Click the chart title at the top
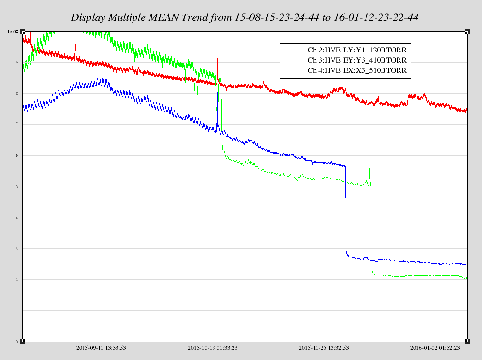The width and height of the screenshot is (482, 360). coord(245,17)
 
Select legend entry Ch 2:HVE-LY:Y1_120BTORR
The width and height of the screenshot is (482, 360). coord(357,50)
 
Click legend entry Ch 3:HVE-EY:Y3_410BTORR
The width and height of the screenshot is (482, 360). coord(357,60)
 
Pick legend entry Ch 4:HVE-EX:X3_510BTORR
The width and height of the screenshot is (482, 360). coord(357,70)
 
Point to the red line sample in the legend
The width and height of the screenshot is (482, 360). coord(292,50)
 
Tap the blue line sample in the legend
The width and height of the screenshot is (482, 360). coord(292,70)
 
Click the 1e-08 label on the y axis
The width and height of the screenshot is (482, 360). coord(12,32)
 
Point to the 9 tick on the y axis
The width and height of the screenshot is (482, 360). coord(16,63)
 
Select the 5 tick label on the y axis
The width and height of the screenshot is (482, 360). coord(16,187)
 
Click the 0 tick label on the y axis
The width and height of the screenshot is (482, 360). coord(16,342)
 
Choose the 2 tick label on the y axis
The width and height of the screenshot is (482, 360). coord(16,280)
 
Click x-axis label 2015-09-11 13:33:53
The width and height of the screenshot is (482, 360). coord(101,348)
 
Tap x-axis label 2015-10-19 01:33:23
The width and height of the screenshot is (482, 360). coord(213,348)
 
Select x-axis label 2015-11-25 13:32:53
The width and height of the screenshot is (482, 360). coord(324,348)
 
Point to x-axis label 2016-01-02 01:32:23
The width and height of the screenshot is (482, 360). coord(435,348)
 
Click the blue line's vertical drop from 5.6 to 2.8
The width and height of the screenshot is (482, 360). coord(345,209)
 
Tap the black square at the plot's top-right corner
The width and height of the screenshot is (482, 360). coord(467,31)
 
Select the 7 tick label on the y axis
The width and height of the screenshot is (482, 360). coord(16,125)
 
